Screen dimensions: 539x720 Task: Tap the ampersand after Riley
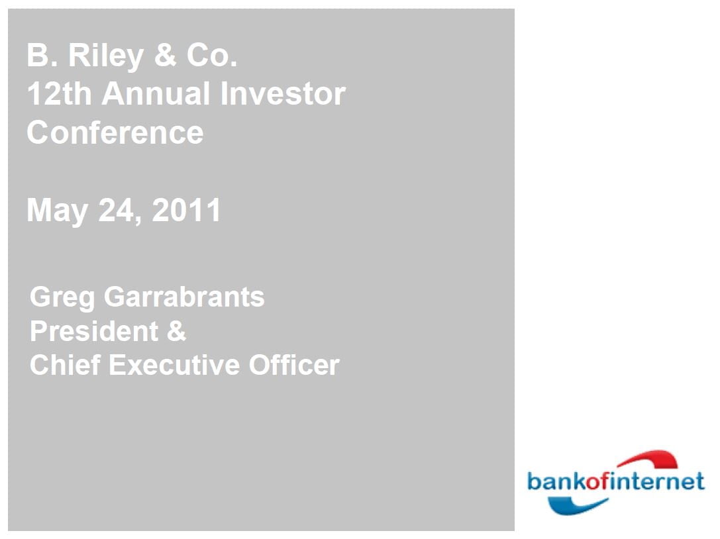pyautogui.click(x=165, y=56)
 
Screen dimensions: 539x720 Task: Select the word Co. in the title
pyautogui.click(x=211, y=56)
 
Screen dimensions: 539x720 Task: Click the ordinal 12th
pyautogui.click(x=59, y=94)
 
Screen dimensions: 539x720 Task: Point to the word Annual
pyautogui.click(x=156, y=94)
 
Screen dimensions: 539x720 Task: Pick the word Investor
pyautogui.click(x=283, y=94)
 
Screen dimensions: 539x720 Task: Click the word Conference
pyautogui.click(x=115, y=132)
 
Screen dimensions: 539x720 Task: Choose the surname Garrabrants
pyautogui.click(x=184, y=297)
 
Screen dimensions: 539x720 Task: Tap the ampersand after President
pyautogui.click(x=176, y=331)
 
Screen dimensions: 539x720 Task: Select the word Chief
pyautogui.click(x=64, y=366)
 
